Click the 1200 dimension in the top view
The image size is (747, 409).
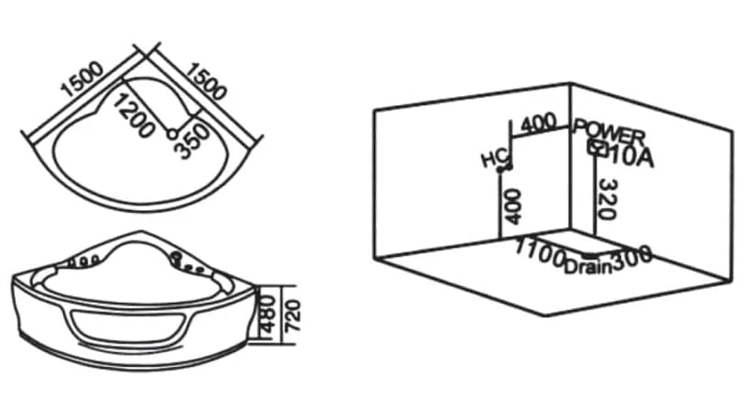[134, 115]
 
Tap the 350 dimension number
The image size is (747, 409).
[192, 141]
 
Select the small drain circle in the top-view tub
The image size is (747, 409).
[172, 135]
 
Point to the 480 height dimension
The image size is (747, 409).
[268, 315]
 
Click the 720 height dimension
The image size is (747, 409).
[292, 315]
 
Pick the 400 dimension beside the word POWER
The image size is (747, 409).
[538, 123]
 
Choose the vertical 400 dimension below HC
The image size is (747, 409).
[512, 206]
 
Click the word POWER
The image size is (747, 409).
[610, 133]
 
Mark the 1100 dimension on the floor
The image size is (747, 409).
[540, 252]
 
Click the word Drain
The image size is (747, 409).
[588, 267]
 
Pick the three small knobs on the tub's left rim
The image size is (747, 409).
[85, 260]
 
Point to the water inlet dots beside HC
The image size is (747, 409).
[504, 168]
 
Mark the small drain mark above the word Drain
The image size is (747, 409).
[589, 257]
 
